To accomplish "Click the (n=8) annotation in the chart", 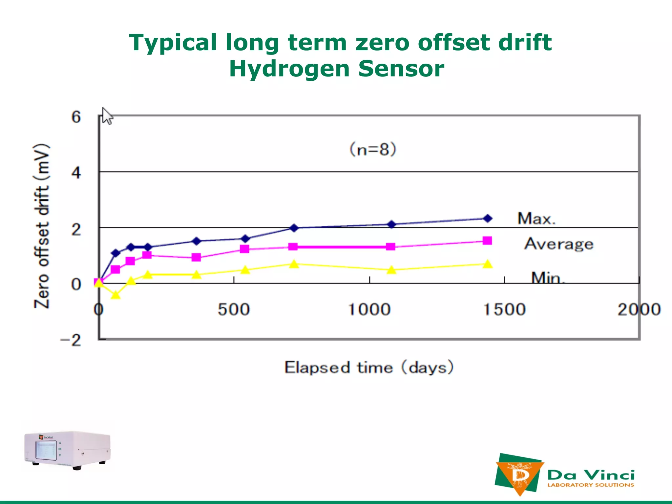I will (373, 149).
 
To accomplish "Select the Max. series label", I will (536, 219).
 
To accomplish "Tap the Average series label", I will (559, 244).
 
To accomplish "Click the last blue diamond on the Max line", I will (488, 218).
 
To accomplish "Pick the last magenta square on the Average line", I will (488, 241).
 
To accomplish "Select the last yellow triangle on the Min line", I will (488, 264).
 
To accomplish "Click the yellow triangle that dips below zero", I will (115, 295).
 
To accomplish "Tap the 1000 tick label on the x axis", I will (369, 309).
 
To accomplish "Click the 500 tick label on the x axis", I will (234, 309).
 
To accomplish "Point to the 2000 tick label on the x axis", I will (639, 309).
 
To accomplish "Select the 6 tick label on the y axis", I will (76, 117).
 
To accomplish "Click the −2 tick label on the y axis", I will (71, 341).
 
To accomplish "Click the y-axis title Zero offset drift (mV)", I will (42, 226).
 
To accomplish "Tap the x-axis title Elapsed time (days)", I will (369, 367).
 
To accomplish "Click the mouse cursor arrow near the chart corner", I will (106, 116).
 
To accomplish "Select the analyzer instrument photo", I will (68, 450).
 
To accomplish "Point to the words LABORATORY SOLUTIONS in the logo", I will (591, 485).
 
